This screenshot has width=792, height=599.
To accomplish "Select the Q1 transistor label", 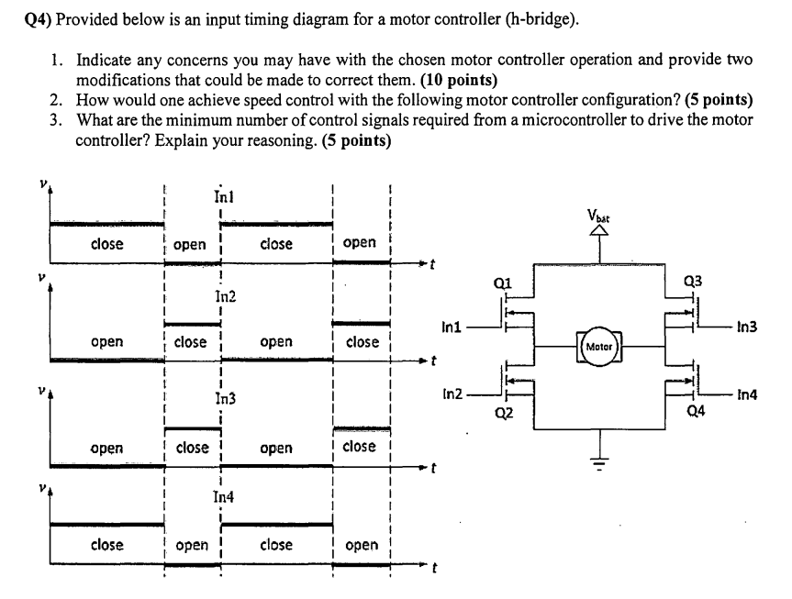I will pos(502,283).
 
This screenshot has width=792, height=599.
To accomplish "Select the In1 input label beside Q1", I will pos(451,325).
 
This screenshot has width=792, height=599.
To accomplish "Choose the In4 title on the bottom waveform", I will pos(223,496).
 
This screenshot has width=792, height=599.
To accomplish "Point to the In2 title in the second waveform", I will pos(224,296).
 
